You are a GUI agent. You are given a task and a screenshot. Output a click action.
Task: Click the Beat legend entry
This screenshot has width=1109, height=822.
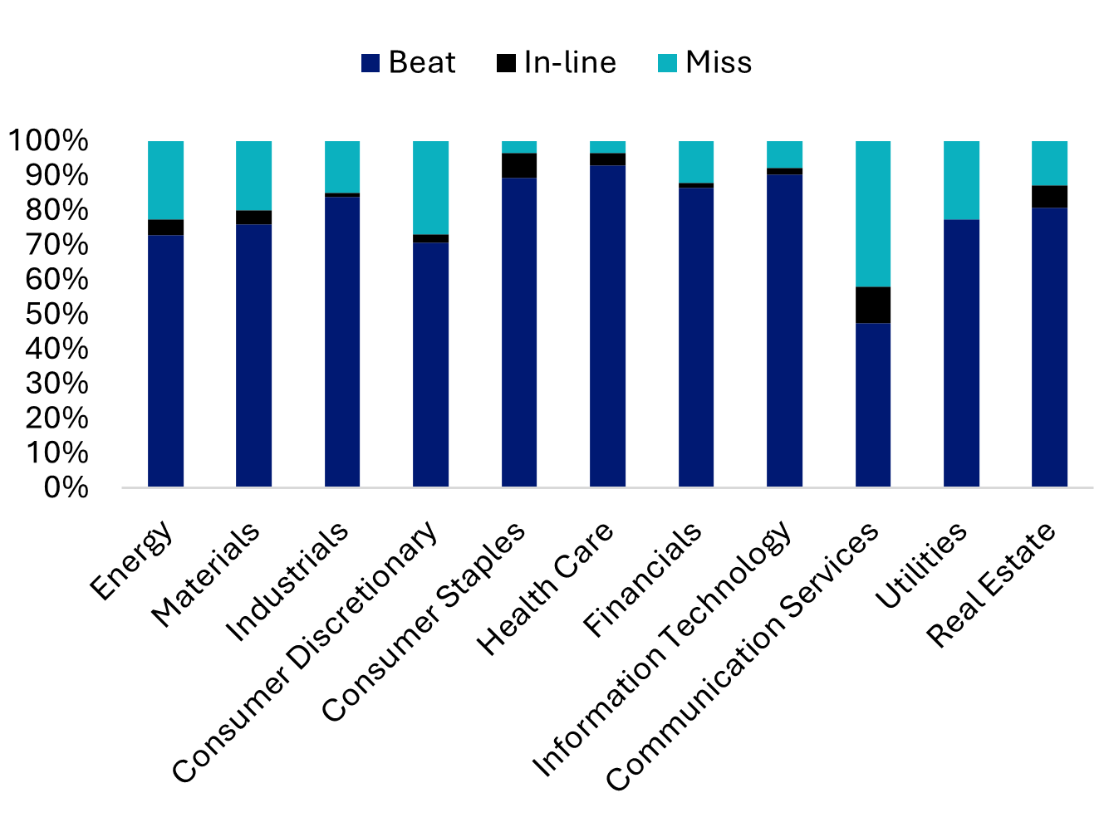pos(409,63)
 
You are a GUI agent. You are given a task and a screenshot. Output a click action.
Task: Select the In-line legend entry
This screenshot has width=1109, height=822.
pos(557,63)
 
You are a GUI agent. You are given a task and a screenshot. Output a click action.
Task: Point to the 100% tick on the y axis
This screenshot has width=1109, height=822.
pos(47,140)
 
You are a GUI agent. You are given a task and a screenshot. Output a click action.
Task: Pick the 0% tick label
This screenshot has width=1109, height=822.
pos(66,487)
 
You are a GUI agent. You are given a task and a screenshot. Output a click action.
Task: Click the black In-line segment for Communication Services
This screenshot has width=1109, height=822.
pos(872,305)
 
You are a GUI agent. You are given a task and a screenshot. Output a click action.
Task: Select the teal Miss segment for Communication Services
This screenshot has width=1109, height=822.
pos(872,213)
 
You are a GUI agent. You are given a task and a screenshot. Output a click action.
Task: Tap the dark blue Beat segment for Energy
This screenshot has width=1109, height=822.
pos(165,360)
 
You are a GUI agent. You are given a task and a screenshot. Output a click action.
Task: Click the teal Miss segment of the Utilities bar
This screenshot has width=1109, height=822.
pos(961,179)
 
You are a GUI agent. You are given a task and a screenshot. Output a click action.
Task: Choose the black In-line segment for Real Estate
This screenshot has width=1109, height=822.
pos(1049,196)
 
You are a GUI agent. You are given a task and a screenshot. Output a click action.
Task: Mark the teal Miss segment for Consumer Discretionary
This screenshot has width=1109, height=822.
pos(430,187)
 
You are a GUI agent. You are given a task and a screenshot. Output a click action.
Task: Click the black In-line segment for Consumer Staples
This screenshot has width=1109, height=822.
pos(519,165)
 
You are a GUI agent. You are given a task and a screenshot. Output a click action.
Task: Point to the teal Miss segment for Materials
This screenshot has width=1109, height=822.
pos(253,175)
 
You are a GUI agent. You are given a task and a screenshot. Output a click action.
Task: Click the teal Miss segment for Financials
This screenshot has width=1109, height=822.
pos(696,161)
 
